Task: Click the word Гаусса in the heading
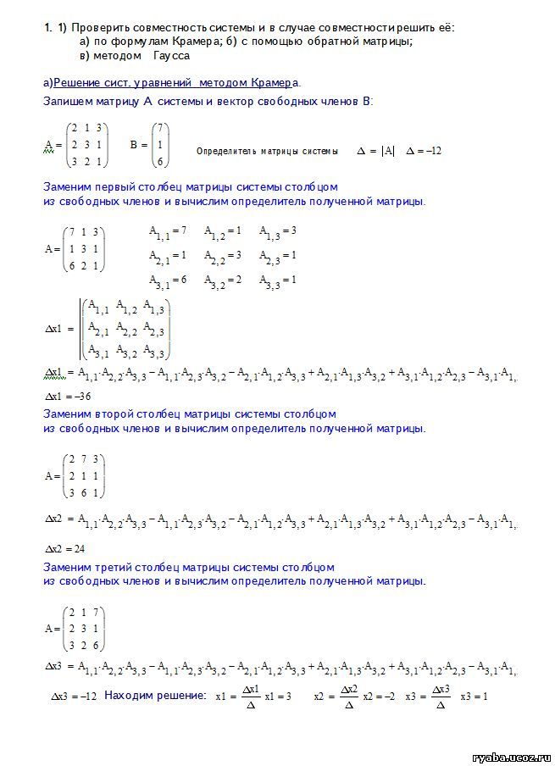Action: point(172,55)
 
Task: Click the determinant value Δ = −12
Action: point(424,151)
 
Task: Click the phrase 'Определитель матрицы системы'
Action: point(267,152)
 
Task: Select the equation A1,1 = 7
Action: point(167,230)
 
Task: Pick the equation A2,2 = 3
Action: point(223,255)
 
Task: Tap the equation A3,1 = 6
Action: point(167,280)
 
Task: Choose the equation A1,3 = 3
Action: point(278,230)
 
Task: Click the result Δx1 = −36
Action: point(67,397)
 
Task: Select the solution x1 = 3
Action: point(278,696)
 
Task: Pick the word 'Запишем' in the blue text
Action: point(68,101)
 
